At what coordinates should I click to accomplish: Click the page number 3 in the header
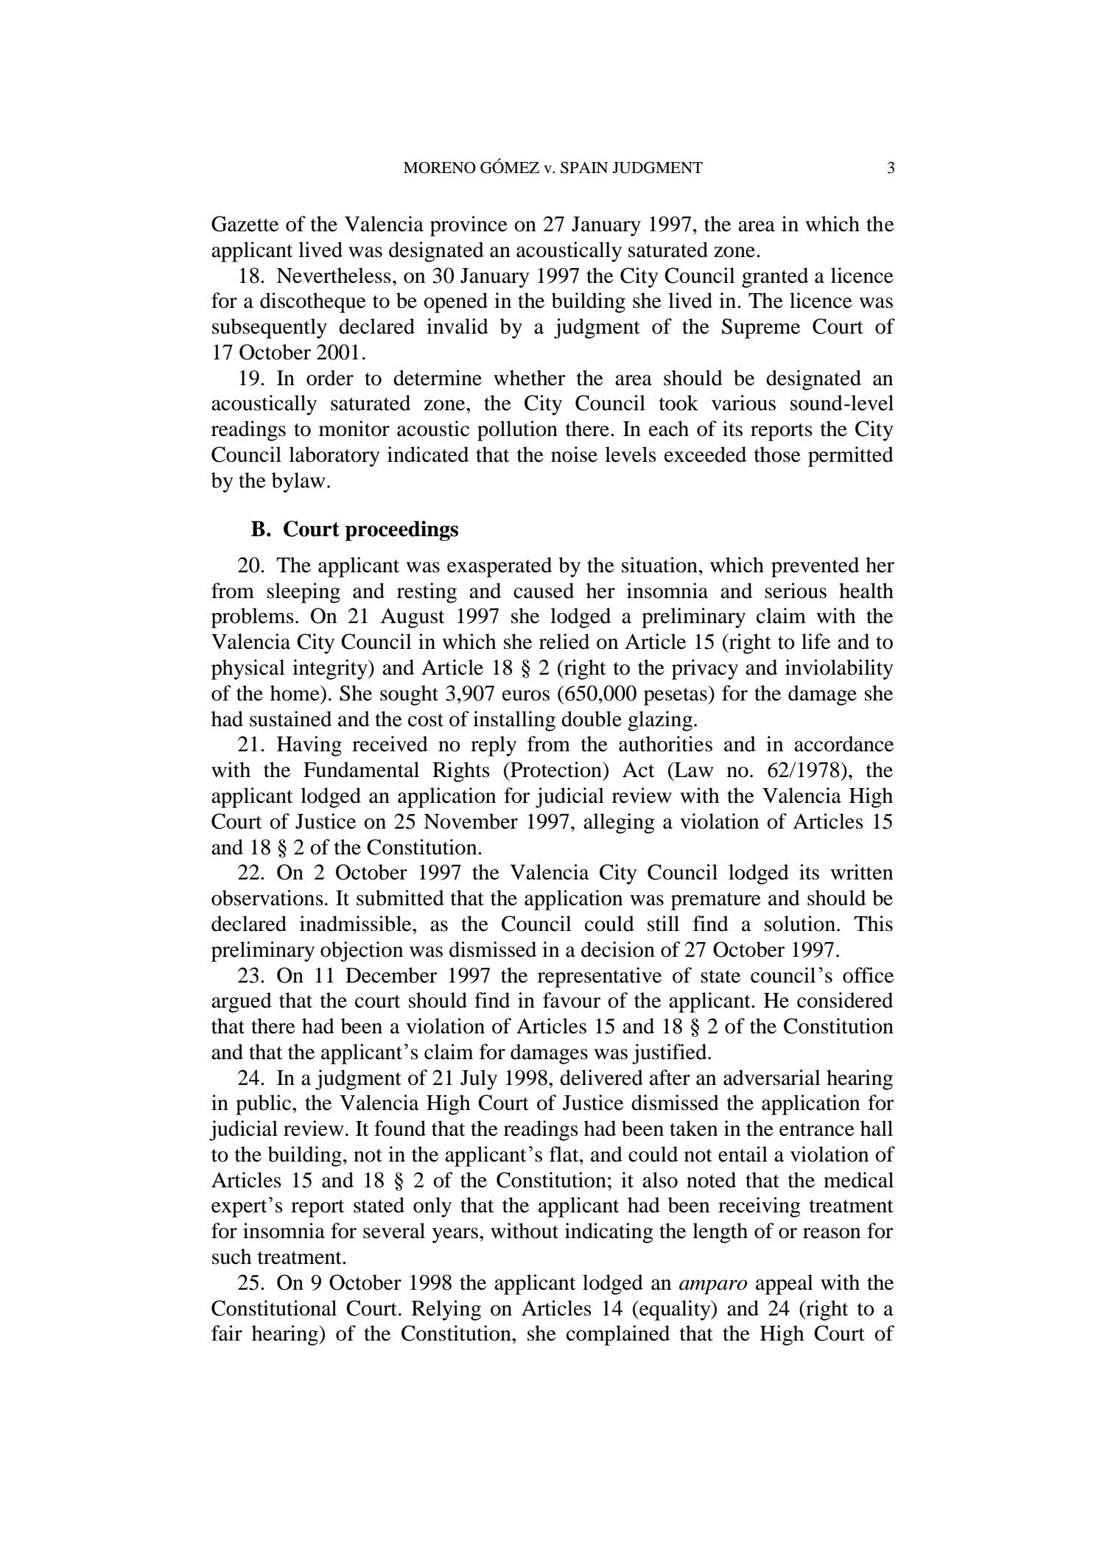[x=890, y=169]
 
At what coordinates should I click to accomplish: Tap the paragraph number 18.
[x=251, y=277]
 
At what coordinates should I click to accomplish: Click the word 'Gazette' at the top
[x=248, y=225]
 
